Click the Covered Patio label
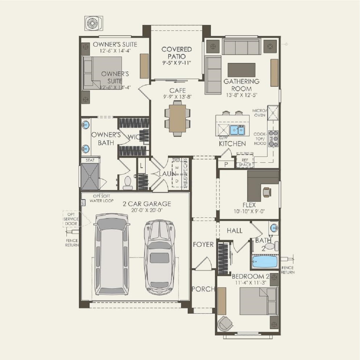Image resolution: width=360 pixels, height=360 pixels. pos(176,53)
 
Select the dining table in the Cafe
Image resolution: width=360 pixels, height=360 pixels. pos(178,118)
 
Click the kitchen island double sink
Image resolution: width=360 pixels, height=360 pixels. pos(237,130)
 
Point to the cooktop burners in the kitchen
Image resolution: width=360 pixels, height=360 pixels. pos(273,138)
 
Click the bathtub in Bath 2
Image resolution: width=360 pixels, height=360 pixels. pos(264,262)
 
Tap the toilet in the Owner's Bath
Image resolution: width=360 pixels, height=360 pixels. pos(128,183)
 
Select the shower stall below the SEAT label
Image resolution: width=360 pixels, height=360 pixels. pos(90,176)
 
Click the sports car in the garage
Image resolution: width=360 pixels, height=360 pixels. pos(159,255)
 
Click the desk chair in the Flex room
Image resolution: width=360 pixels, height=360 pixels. pos(266,192)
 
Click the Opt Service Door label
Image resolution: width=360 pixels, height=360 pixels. pos(71,219)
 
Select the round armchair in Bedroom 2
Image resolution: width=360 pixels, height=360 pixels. pos(225,323)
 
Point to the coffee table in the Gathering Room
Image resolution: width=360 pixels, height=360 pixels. pos(241,70)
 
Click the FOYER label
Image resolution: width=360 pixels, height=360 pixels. pos(203,245)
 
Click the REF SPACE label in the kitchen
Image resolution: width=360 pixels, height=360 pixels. pos(245,162)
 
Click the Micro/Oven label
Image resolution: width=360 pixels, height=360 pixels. pos(259,113)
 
